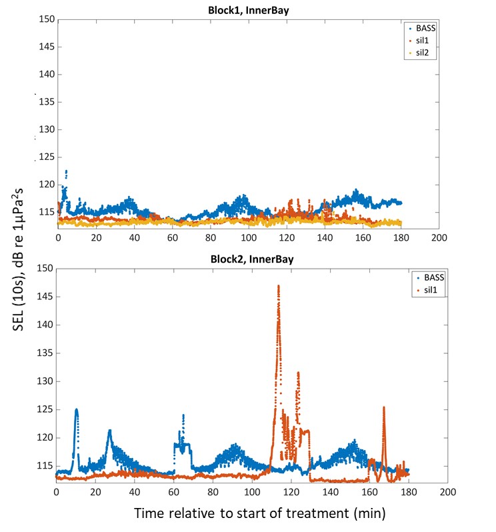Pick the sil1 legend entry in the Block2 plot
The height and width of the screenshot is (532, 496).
[433, 290]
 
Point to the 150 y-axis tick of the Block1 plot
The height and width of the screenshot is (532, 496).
[46, 19]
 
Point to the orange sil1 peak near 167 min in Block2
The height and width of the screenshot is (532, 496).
[384, 407]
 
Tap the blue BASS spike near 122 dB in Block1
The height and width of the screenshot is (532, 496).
[66, 171]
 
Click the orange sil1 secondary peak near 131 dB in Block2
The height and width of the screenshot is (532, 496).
[298, 373]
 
